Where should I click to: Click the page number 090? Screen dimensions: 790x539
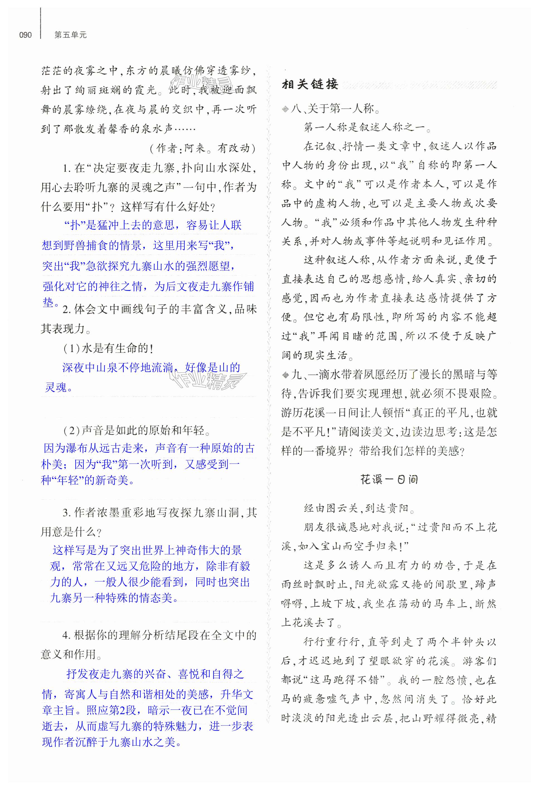click(25, 35)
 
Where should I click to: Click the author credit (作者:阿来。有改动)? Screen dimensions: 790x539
click(202, 148)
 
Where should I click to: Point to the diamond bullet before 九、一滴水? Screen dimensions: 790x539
click(285, 375)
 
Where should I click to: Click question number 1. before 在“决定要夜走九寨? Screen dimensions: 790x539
click(67, 168)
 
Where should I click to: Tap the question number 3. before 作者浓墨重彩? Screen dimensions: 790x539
click(67, 513)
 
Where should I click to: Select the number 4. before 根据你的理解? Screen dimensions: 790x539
click(67, 635)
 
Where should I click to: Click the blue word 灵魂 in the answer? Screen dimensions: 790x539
click(56, 387)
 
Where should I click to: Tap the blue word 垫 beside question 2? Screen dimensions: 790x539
click(48, 302)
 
